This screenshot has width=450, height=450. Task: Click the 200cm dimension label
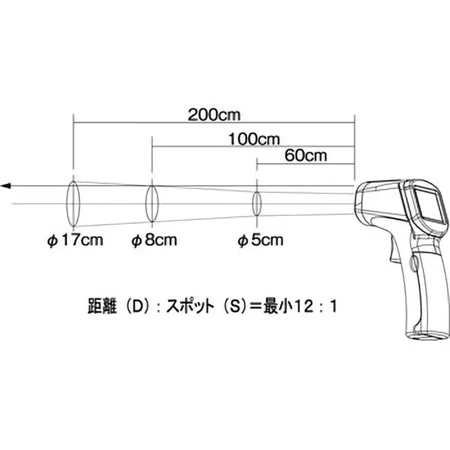click(x=214, y=115)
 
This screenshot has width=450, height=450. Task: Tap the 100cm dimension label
click(x=254, y=138)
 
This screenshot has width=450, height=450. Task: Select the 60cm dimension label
click(x=306, y=156)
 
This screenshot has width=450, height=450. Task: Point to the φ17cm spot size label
click(x=75, y=241)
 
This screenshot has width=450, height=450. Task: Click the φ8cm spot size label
click(x=154, y=241)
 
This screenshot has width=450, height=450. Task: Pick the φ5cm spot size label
click(x=259, y=241)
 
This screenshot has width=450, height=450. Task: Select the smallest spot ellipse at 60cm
click(x=257, y=202)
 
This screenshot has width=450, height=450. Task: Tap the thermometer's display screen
click(x=430, y=204)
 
